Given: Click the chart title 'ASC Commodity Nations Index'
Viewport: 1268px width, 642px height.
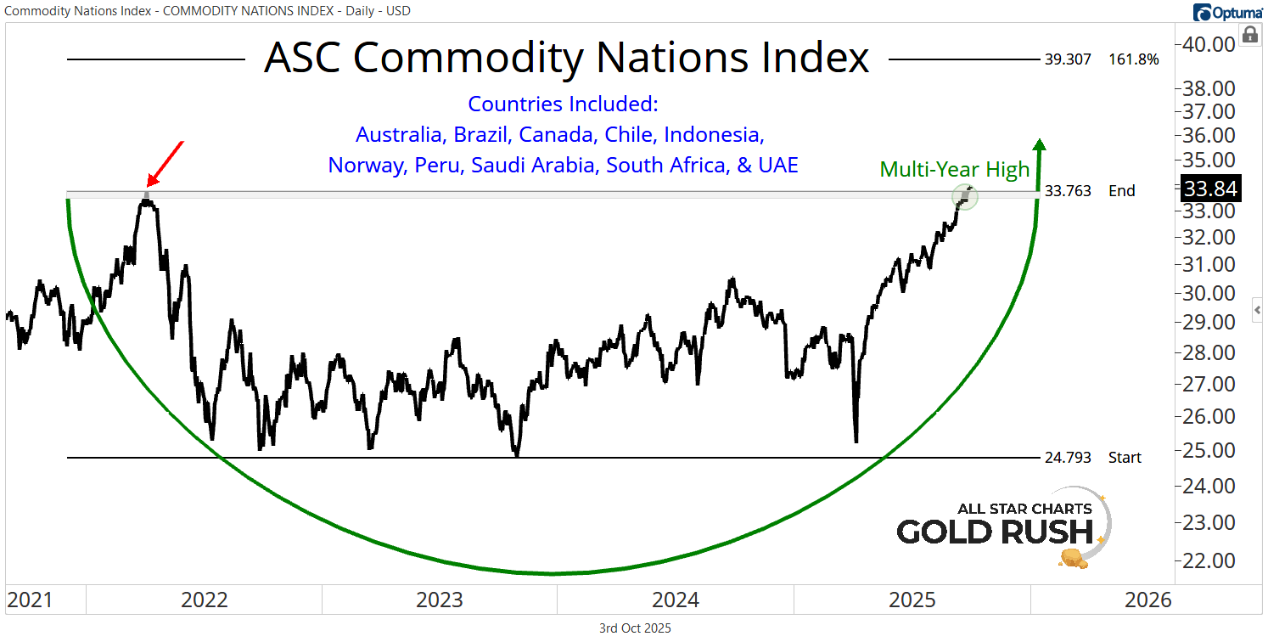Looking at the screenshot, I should tap(566, 59).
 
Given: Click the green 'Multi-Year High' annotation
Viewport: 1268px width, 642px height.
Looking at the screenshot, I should tap(954, 169).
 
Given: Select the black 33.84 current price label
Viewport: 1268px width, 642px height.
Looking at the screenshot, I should tap(1215, 189).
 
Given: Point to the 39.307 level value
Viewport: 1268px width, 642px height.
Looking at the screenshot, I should tap(1068, 59).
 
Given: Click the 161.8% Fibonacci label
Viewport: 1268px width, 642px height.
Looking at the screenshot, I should tap(1133, 59).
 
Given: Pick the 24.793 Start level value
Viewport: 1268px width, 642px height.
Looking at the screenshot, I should tap(1068, 458).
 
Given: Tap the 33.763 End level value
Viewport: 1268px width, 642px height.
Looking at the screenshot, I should tap(1068, 190).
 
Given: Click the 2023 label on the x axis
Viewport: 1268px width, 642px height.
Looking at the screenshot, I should tap(440, 600).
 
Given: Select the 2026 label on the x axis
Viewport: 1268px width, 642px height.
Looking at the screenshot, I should tap(1147, 600).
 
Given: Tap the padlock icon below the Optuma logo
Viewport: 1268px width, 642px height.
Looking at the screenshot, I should tap(1249, 35).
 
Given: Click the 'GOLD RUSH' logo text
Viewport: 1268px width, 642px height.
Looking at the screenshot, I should tap(994, 532).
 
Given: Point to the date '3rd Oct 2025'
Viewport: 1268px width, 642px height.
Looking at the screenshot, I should tap(635, 628).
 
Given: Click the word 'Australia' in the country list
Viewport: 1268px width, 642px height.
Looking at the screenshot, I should tap(401, 135).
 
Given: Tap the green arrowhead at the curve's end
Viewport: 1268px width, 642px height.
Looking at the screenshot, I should tap(1040, 144).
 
